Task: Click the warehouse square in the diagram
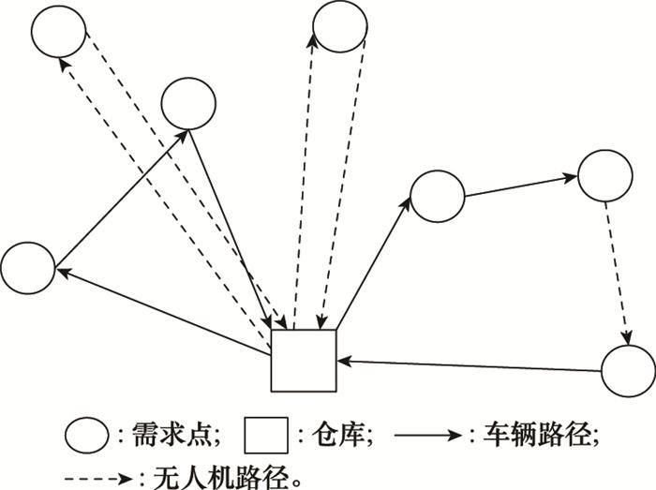[x=303, y=360]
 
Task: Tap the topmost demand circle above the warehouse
[x=342, y=24]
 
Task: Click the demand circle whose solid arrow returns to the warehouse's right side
[x=627, y=372]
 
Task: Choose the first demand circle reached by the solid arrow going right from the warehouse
[x=438, y=196]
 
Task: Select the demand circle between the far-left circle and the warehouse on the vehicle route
[x=188, y=103]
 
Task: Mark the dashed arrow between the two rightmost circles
[x=616, y=272]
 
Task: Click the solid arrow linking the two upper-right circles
[x=521, y=185]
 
